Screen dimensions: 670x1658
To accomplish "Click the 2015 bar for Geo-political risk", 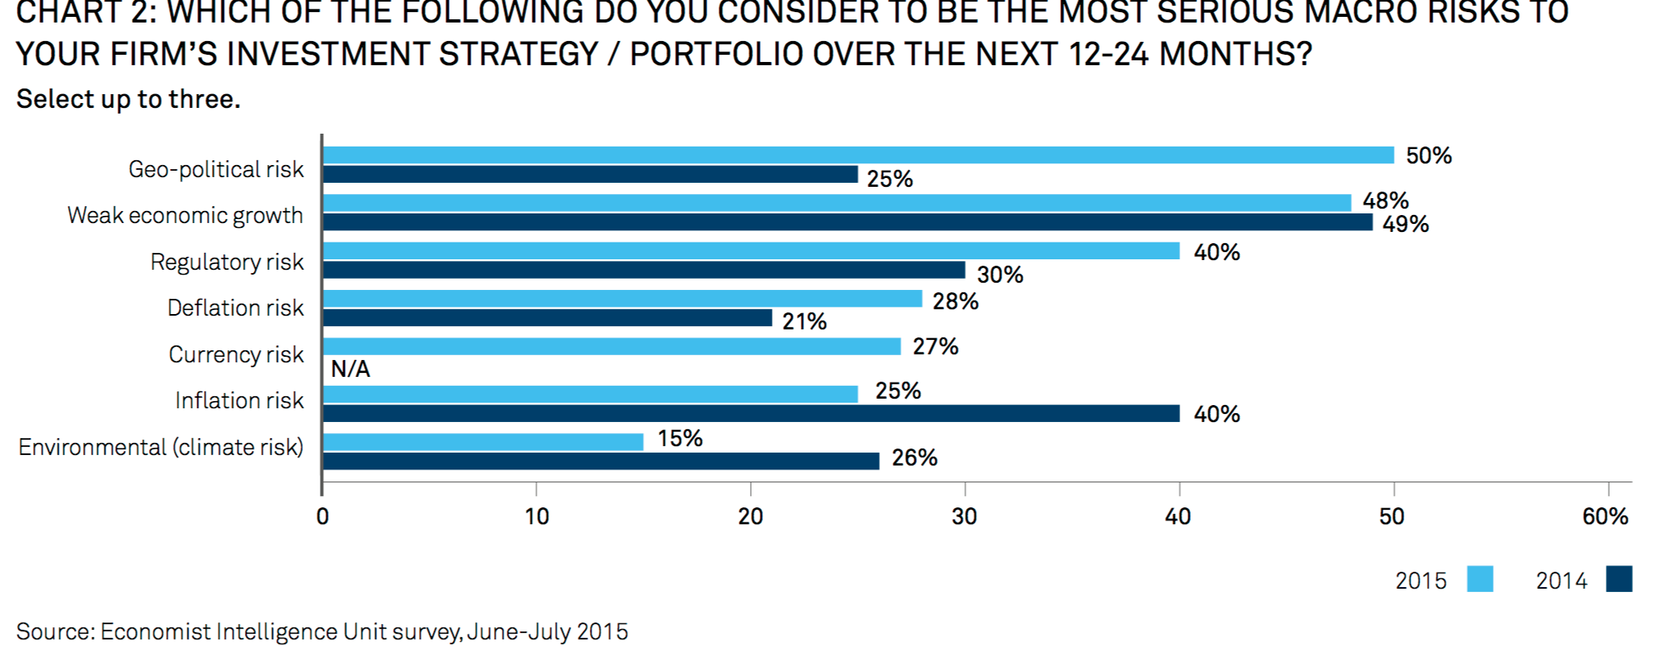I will tap(858, 155).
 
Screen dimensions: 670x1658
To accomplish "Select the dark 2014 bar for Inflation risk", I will tap(751, 413).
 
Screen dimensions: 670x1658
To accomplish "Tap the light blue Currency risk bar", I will tap(611, 346).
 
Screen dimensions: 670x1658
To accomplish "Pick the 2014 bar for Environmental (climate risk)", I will tap(601, 461).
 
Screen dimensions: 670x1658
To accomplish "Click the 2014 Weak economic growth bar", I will tap(848, 222).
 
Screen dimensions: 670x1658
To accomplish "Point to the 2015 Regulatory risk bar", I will tap(751, 251).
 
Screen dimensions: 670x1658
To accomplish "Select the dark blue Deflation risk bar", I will tap(547, 318).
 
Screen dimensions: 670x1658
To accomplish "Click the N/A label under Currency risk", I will tap(350, 369).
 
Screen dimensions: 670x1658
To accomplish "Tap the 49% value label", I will tap(1405, 224).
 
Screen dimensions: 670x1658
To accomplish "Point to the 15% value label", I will tap(680, 438).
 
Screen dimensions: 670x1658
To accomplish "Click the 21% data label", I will tap(804, 321).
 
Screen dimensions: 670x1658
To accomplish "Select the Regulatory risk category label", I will tap(226, 262).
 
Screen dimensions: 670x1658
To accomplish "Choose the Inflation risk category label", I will tap(239, 400).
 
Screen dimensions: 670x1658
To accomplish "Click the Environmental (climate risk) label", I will tap(161, 447).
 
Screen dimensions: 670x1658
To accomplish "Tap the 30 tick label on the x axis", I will tap(964, 516).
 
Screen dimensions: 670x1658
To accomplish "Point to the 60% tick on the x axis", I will tap(1605, 516).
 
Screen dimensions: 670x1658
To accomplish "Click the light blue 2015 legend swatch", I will tap(1480, 579).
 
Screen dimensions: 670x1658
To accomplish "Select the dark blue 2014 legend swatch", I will tap(1619, 579).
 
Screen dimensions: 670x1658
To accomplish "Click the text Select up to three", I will tap(128, 99).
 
